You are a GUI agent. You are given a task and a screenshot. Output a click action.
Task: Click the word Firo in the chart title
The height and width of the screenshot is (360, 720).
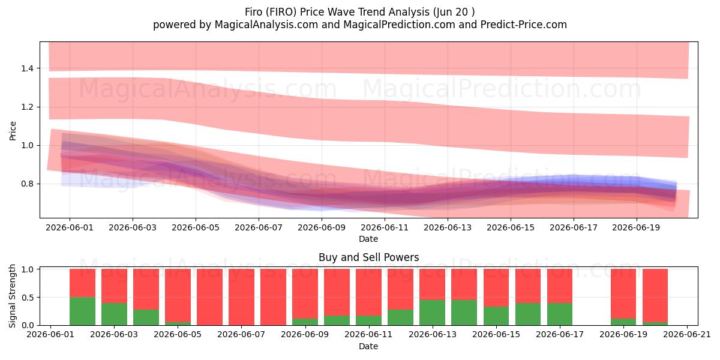(x=253, y=12)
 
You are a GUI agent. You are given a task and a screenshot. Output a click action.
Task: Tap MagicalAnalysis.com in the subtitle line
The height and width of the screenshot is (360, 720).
(x=266, y=25)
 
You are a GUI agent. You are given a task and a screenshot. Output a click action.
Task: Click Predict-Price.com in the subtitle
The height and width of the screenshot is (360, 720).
(x=524, y=25)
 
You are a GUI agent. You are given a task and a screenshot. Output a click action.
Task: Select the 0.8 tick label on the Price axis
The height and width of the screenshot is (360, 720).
(x=27, y=184)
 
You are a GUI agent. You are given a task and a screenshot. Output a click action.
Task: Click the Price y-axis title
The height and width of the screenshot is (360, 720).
(x=13, y=131)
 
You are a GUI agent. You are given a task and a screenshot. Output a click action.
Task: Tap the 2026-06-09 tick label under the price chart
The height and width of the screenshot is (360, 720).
(x=322, y=227)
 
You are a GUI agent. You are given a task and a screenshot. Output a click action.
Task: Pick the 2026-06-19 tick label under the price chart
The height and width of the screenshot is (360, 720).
(x=636, y=227)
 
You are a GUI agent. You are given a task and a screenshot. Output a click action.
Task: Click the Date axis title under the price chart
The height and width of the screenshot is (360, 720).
(x=368, y=239)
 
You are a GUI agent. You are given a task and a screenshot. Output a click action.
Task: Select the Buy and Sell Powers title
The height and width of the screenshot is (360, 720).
(x=368, y=257)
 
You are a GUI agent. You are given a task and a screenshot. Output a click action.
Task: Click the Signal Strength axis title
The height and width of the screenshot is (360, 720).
(x=12, y=296)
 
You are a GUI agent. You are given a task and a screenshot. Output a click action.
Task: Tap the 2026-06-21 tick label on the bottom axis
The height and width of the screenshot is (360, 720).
(x=687, y=335)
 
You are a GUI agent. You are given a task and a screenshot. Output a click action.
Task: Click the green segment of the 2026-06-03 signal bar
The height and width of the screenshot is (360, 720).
(x=114, y=314)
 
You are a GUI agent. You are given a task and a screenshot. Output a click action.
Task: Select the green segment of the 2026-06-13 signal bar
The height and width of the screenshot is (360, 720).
(x=433, y=313)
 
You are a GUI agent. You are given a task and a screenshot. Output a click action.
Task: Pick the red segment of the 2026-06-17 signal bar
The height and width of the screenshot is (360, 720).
(x=560, y=286)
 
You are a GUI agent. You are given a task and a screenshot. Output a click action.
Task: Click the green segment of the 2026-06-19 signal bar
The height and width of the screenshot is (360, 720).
(x=623, y=322)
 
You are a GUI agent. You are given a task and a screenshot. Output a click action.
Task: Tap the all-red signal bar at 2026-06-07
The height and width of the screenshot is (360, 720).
(x=241, y=297)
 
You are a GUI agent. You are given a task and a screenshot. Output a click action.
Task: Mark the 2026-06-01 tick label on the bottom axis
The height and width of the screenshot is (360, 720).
(x=50, y=335)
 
